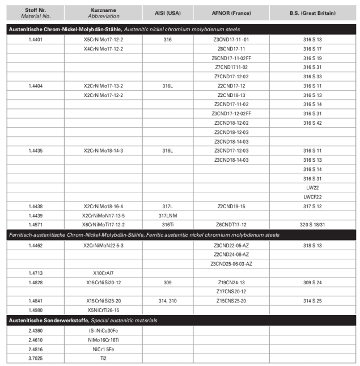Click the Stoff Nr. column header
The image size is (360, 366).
pos(35,12)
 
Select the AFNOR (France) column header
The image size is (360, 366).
pos(231,12)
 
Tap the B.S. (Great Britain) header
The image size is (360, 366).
pos(313,12)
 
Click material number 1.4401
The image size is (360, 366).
pos(35,40)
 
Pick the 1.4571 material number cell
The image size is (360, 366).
pos(35,225)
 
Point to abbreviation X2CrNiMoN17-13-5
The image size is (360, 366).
pos(103,216)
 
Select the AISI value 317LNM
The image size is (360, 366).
pos(167,216)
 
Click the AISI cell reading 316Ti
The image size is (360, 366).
pos(167,225)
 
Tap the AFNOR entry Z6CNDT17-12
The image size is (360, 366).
pos(231,225)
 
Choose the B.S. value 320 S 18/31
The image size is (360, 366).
pos(313,225)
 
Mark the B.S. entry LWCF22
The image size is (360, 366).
pos(313,197)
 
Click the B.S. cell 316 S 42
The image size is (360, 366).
pos(313,123)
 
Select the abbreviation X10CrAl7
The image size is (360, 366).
pos(103,273)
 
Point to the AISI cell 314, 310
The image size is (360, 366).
pos(167,301)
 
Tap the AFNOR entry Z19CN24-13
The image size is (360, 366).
pos(231,282)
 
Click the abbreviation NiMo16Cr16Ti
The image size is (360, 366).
pos(103,340)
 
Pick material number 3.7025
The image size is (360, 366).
pos(35,358)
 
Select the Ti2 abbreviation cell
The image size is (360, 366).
pos(103,358)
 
